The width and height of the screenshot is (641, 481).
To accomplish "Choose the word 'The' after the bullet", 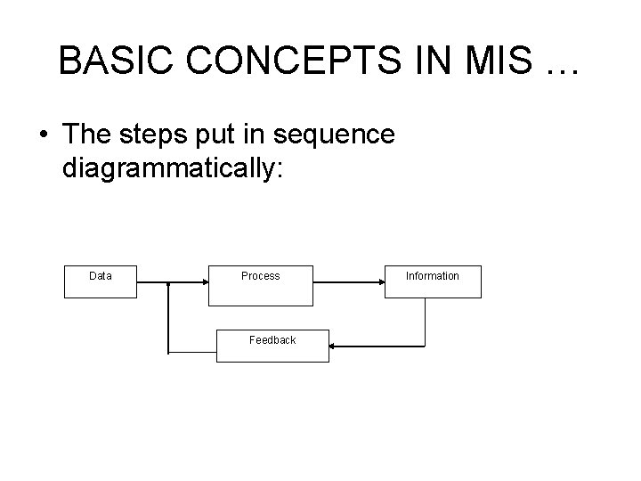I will coord(89,135).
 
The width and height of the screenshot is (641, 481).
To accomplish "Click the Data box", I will coord(101,281).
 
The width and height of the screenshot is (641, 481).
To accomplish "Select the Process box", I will coord(260,281).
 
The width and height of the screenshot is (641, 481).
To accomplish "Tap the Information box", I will coord(433,281).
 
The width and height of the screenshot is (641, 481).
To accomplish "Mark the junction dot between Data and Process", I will coord(168,283).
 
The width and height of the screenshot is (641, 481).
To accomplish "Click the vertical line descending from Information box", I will coord(426,321).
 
